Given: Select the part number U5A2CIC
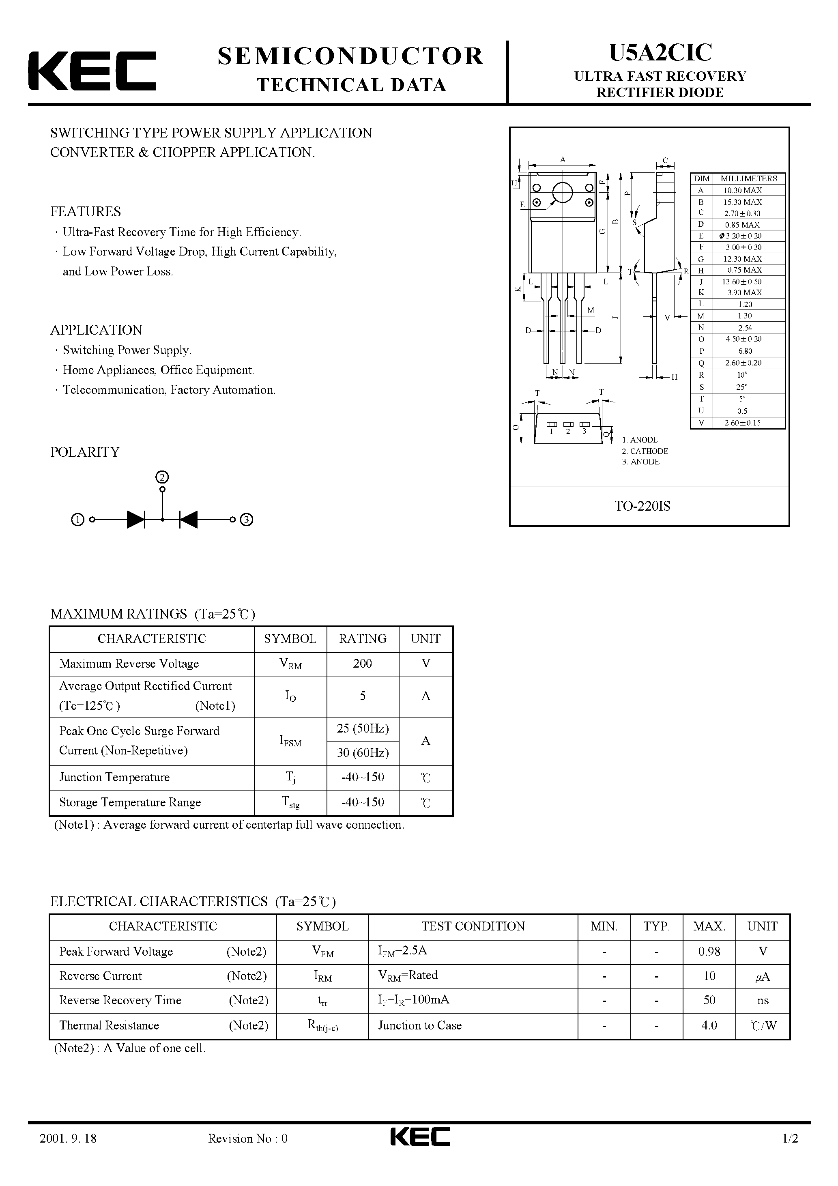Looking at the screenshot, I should pos(660,53).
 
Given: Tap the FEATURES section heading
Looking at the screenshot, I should pos(85,211).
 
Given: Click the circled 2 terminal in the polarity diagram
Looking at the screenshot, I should pos(162,477).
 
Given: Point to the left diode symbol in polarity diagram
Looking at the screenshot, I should pos(135,520).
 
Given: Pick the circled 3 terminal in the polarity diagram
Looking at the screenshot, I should pos(247,520).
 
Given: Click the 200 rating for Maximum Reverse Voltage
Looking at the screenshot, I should pos(362,664).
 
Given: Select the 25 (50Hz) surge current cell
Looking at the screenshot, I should pos(363,728).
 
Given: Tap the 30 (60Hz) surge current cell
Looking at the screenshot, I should pos(363,753).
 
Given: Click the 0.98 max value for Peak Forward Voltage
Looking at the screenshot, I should pos(709,952).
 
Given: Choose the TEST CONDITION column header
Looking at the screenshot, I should pos(473,926).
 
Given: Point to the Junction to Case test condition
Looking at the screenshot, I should pos(419,1025).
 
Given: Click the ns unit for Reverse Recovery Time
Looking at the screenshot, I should pos(763,1001).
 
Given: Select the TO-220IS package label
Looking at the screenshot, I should pos(642,506).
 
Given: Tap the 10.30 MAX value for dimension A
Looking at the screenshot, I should pos(742,191).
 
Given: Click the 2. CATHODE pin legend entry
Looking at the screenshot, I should pos(645,451).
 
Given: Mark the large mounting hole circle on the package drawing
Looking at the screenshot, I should pos(562,193).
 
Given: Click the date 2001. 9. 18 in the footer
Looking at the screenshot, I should pos(68,1153).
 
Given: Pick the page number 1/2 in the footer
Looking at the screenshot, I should pos(791,1153).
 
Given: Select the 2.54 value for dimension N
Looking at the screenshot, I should pos(745,327).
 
